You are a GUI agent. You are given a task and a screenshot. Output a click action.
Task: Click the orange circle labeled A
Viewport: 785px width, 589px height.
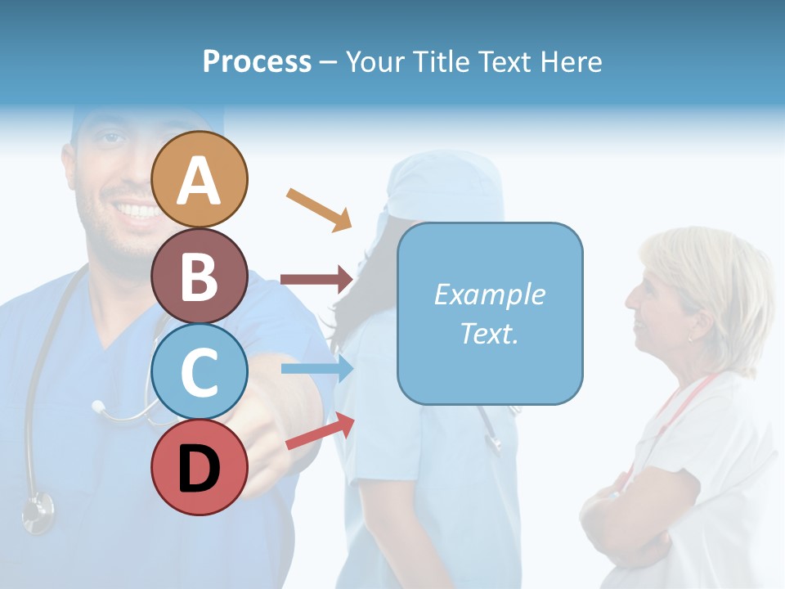[x=200, y=179]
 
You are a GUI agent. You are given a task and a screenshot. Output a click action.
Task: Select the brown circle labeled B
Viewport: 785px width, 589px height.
[x=200, y=276]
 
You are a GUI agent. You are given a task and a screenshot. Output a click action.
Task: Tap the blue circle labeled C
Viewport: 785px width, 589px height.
[x=200, y=371]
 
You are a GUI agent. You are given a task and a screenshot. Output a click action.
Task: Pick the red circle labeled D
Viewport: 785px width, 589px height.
[x=200, y=468]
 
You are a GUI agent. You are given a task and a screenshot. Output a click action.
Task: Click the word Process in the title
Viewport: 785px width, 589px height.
[x=257, y=61]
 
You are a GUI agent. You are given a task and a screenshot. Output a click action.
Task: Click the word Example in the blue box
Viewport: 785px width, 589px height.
[x=489, y=294]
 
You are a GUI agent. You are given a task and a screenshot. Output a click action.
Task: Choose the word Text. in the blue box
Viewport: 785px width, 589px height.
[x=489, y=333]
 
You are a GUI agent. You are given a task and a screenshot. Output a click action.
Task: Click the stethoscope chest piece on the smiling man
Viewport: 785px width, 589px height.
[x=38, y=511]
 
